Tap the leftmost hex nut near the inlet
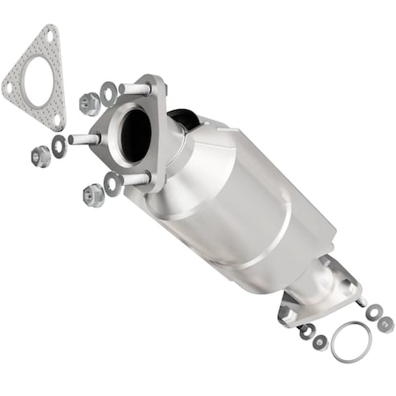pyautogui.click(x=40, y=156)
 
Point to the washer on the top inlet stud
pyautogui.click(x=109, y=91)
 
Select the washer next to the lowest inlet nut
pyautogui.click(x=113, y=183)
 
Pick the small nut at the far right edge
pyautogui.click(x=385, y=324)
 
